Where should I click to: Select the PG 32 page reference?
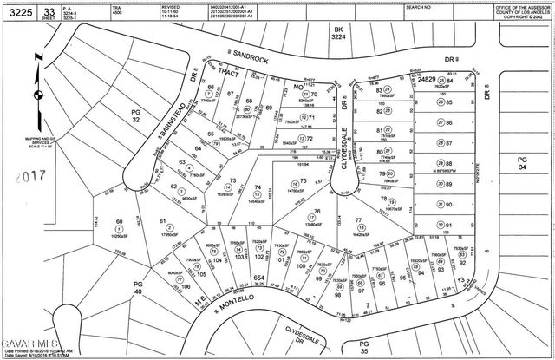pyautogui.click(x=135, y=116)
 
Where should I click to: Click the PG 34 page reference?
pyautogui.click(x=522, y=165)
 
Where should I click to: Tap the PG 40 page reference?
pyautogui.click(x=137, y=288)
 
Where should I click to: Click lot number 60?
pyautogui.click(x=120, y=223)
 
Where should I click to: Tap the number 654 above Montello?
pyautogui.click(x=258, y=278)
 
